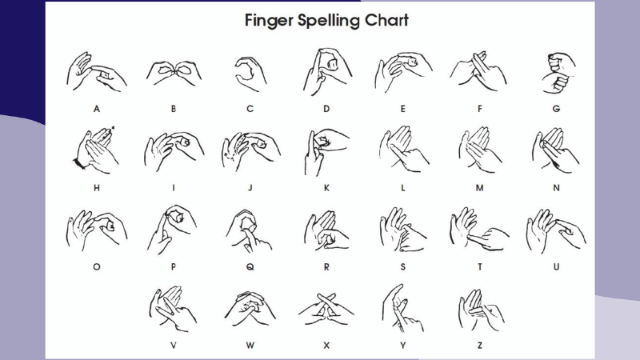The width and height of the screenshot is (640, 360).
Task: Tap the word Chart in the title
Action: (386, 20)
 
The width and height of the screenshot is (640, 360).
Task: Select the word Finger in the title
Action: (269, 21)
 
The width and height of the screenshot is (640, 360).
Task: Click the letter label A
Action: (96, 109)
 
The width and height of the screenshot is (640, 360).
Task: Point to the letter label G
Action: (556, 109)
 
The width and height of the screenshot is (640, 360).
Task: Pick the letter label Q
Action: (250, 267)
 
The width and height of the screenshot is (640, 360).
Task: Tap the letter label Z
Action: (479, 346)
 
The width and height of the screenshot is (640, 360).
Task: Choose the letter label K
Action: (326, 188)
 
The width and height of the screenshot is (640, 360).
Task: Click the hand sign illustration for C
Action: (250, 74)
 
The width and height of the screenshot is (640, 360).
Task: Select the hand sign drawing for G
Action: (558, 73)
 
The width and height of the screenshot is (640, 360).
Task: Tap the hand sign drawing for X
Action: (326, 310)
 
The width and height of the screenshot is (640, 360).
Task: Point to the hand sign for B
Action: (174, 73)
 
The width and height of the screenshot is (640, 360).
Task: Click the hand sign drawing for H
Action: (95, 150)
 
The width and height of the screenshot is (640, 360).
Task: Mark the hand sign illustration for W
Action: (250, 309)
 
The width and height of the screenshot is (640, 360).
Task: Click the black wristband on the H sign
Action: (78, 163)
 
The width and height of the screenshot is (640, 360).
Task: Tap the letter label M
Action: (479, 188)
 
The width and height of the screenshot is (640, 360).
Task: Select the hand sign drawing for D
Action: (327, 72)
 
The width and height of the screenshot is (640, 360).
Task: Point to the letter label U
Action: (556, 267)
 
